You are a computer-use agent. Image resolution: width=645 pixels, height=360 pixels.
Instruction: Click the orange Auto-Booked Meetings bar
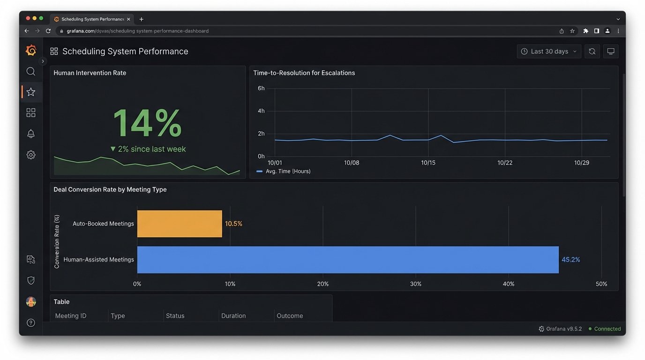180,224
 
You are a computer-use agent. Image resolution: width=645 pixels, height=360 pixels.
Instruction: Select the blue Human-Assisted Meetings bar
347,260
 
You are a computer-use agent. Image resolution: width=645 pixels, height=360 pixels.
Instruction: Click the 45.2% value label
570,260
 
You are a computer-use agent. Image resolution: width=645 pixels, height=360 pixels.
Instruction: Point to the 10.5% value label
233,224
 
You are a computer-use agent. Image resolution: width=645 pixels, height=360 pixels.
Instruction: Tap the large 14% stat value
147,123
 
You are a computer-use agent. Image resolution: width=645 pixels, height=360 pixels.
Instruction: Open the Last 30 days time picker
549,52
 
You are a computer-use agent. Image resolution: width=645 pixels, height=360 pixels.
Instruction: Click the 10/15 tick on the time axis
428,163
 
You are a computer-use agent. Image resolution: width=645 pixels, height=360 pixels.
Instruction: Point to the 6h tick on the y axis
261,88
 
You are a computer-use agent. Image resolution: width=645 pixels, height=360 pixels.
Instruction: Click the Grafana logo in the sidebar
31,51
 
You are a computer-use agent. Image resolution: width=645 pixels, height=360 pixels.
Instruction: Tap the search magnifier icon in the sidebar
31,71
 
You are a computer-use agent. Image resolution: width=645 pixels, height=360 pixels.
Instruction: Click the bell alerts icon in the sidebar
31,134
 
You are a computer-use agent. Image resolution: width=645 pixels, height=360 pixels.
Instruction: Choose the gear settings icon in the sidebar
31,155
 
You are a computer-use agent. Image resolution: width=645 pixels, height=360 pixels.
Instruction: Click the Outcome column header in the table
290,316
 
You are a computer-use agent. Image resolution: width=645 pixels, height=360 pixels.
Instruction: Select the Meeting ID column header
71,316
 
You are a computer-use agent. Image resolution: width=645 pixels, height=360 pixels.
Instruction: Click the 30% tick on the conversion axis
415,284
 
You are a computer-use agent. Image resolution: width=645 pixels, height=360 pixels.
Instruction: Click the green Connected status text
607,329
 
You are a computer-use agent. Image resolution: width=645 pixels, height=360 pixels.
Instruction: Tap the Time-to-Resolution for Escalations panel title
304,73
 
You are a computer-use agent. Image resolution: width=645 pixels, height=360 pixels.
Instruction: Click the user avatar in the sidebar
31,302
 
